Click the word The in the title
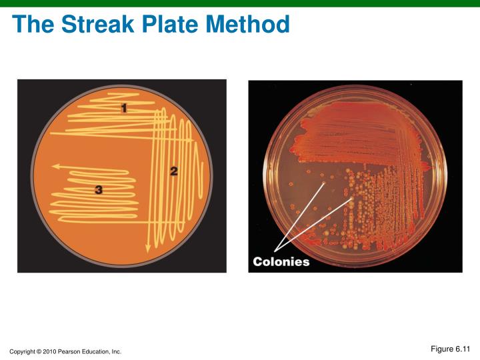[x=33, y=25]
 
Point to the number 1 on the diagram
[x=125, y=108]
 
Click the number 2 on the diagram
[x=173, y=171]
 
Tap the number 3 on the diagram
[x=99, y=190]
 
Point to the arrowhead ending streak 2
[x=147, y=249]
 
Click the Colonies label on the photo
[x=281, y=262]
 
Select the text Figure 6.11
[x=451, y=349]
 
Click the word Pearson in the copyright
[x=72, y=351]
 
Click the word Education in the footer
[x=97, y=351]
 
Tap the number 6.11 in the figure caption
[x=463, y=349]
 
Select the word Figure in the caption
[x=441, y=349]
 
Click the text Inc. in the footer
[x=116, y=351]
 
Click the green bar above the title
[x=240, y=3]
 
